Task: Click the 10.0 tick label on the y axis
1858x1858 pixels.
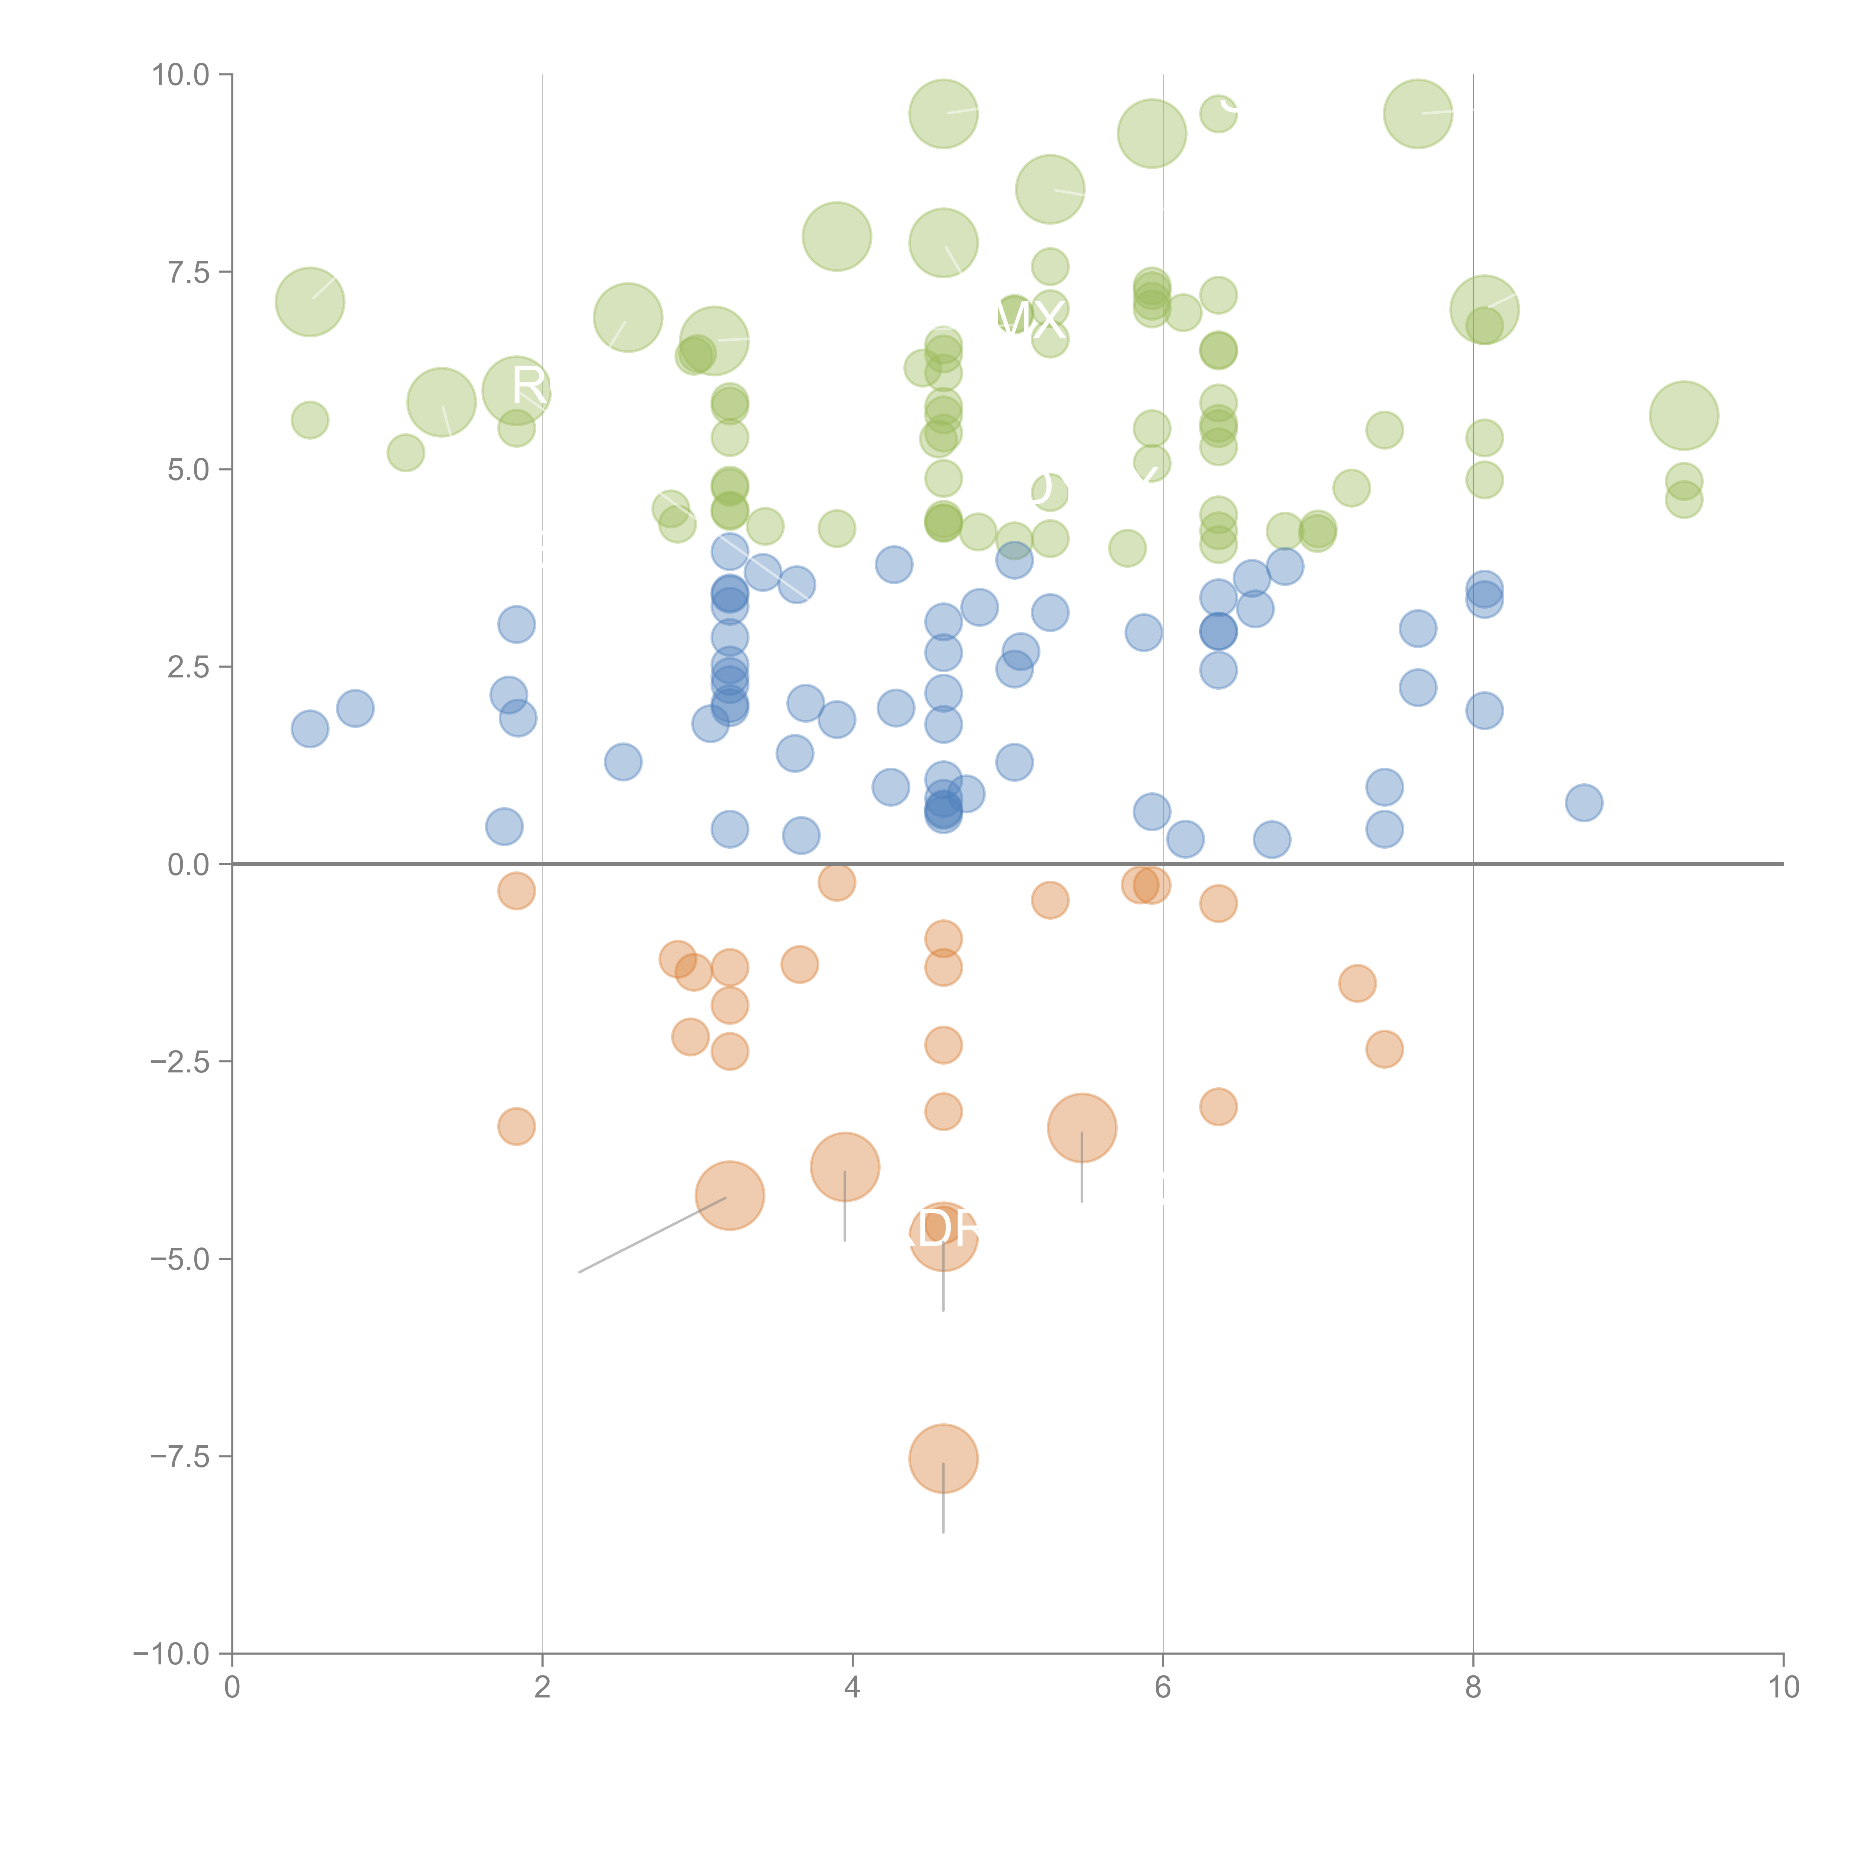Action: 180,75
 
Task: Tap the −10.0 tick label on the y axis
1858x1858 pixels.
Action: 171,1654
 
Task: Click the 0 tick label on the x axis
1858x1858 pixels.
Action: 232,1688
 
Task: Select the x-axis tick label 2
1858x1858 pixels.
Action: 543,1688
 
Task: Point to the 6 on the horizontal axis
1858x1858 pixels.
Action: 1163,1688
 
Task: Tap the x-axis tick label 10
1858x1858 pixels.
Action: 1783,1688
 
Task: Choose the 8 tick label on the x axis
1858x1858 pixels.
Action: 1473,1688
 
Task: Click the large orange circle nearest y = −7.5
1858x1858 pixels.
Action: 943,1458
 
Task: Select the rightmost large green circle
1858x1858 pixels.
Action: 1684,415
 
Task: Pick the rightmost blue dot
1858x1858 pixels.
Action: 1584,802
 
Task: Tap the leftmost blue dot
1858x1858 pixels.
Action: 310,729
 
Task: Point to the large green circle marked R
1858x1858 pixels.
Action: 517,389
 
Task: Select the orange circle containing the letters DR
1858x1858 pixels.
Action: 943,1236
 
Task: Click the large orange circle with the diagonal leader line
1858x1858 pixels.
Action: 730,1195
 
